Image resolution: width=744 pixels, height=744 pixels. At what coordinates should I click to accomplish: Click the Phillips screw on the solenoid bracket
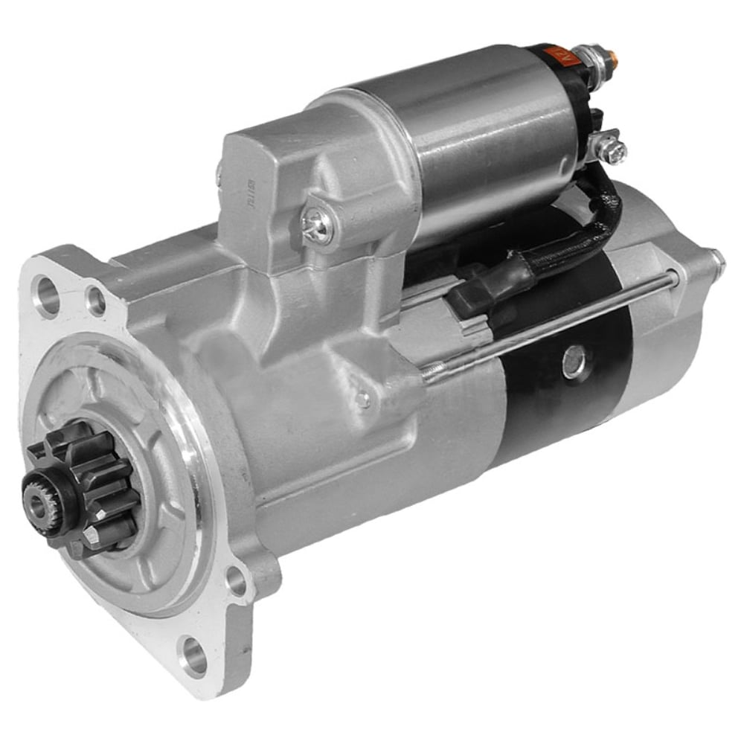pos(317,224)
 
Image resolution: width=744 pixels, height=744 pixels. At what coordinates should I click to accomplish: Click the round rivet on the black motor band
pos(574,362)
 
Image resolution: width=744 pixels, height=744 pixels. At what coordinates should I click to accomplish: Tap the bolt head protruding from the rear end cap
pos(715,261)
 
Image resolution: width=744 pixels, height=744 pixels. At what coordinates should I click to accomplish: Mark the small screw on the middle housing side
pos(362,400)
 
